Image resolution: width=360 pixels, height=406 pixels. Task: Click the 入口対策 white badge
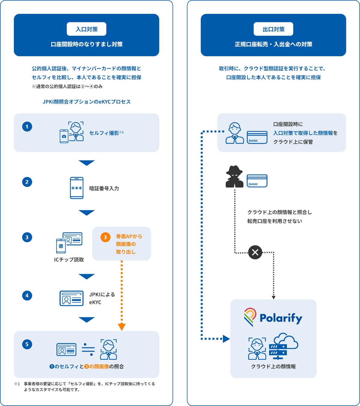tap(87, 29)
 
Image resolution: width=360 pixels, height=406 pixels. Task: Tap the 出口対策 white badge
tap(273, 29)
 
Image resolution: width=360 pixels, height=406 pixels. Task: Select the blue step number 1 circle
tap(27, 127)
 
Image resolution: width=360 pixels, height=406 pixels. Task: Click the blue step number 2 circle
tap(27, 182)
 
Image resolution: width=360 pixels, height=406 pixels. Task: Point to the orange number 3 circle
tap(105, 237)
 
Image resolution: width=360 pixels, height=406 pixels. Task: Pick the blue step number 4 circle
tap(27, 296)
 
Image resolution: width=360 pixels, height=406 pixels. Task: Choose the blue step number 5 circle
tap(27, 344)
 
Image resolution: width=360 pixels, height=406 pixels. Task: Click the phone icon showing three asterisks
tap(77, 188)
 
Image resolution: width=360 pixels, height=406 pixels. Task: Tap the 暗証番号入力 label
tap(104, 189)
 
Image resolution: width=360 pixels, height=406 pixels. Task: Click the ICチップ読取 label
tap(69, 260)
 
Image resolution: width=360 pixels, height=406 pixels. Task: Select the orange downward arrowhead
tap(122, 327)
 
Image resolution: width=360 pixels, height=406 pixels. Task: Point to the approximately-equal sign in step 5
tap(88, 349)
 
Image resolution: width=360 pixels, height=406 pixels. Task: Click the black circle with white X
tap(255, 252)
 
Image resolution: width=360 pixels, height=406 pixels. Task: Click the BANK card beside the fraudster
tap(257, 181)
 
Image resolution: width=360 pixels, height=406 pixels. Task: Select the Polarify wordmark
tap(281, 318)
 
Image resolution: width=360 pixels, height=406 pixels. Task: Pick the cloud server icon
tap(283, 346)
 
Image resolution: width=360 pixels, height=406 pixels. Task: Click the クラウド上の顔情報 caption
tap(273, 367)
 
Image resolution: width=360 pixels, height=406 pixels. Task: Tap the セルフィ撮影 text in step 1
tap(104, 133)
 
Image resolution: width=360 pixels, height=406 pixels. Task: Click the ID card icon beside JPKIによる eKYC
tap(72, 298)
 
